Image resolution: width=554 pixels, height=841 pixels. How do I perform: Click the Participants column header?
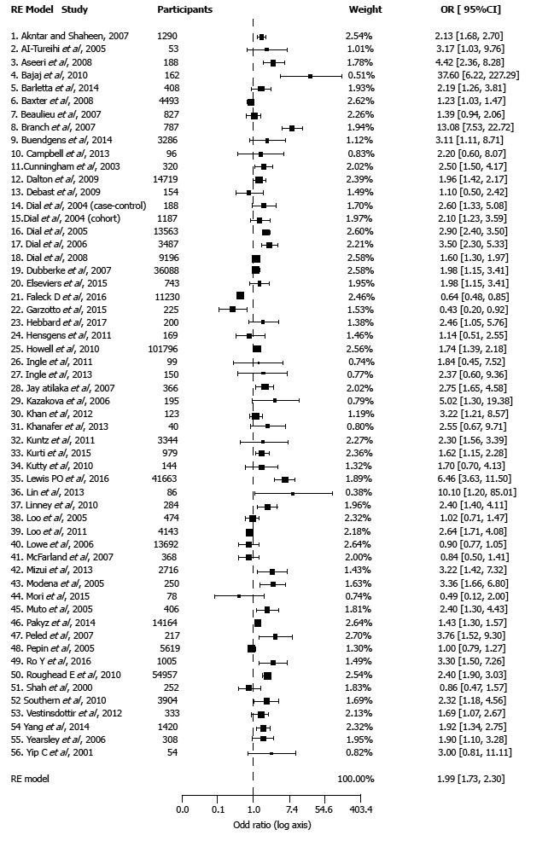(184, 9)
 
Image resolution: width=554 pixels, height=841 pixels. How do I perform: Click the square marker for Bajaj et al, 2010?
(311, 76)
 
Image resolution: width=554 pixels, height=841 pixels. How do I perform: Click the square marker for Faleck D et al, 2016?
(240, 295)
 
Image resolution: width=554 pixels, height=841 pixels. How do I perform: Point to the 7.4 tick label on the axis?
(291, 809)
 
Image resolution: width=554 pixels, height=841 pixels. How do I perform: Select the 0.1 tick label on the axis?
(219, 809)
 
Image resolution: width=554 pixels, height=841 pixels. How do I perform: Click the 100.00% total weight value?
(356, 779)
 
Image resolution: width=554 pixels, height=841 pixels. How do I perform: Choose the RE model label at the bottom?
(30, 779)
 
